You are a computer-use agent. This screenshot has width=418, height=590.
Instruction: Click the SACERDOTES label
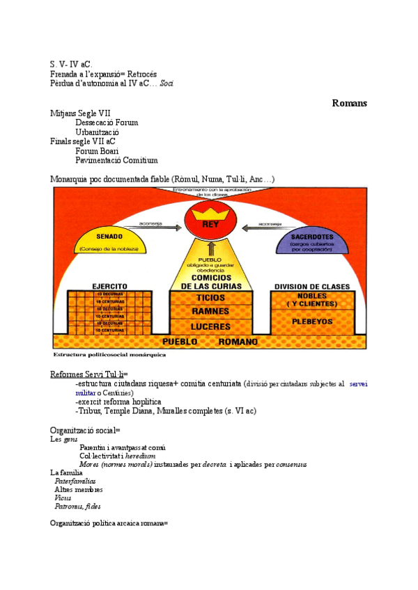tap(311, 237)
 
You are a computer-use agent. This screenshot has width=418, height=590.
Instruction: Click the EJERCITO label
tap(109, 285)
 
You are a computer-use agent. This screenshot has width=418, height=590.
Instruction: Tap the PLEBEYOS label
tap(312, 321)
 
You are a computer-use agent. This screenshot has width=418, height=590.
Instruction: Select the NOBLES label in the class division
tap(312, 296)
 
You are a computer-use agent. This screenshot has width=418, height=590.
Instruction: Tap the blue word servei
tap(358, 383)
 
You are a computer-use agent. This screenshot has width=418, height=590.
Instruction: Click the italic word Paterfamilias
tap(75, 481)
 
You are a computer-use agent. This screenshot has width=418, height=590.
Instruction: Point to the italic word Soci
tap(167, 83)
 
